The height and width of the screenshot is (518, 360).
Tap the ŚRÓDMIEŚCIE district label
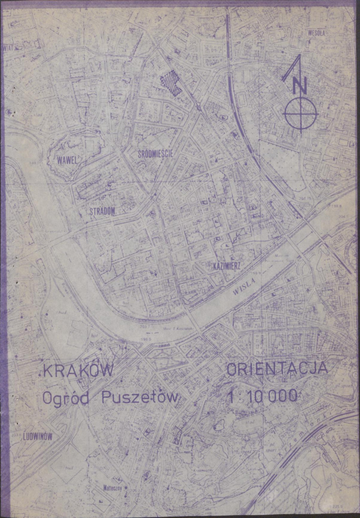(x=156, y=153)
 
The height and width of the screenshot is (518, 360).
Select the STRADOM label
(x=102, y=211)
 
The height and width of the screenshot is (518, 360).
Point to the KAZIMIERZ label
(x=226, y=265)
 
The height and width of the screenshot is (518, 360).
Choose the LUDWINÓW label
(x=38, y=436)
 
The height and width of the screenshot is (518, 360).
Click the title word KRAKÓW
(x=78, y=371)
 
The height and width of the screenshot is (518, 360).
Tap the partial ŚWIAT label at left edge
(x=9, y=48)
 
